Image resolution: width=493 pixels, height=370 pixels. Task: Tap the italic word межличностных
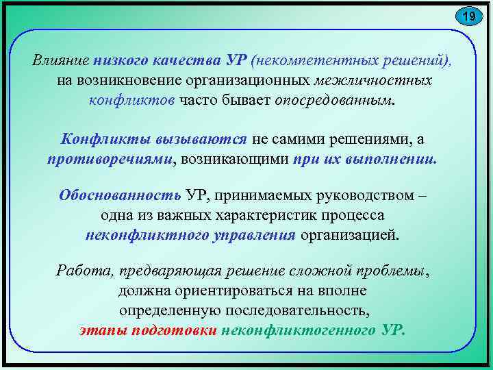pos(373,80)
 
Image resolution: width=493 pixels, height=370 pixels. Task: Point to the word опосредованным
pos(334,100)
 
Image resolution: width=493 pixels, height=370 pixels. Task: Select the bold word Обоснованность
pos(120,195)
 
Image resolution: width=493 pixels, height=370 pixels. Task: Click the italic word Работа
pos(77,271)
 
